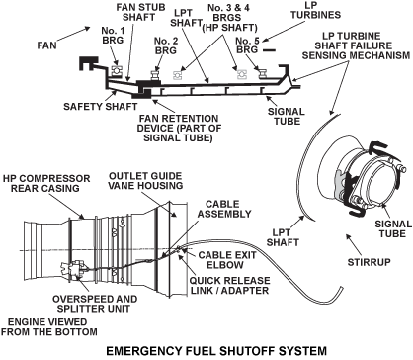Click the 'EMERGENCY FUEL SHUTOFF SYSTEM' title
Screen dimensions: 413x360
(x=216, y=351)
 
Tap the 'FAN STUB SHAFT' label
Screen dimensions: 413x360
(x=140, y=12)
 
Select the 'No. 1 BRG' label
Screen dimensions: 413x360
(x=113, y=36)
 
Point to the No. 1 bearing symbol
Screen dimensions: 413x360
(x=116, y=71)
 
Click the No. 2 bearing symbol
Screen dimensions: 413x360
(x=155, y=76)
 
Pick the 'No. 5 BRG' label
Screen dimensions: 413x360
(x=247, y=45)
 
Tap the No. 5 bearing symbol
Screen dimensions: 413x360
(x=262, y=73)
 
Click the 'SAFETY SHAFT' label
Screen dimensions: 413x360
(x=100, y=107)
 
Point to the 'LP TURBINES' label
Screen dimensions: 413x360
(x=315, y=10)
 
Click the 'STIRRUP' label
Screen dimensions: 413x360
(x=369, y=262)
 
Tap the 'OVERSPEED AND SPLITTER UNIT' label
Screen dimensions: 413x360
(x=95, y=304)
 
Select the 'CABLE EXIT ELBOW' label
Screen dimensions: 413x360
(x=227, y=260)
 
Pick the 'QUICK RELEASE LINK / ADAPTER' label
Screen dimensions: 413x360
(x=229, y=286)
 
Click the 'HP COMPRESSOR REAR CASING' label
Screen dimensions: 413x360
(x=46, y=183)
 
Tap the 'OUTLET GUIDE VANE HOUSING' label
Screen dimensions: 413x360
(x=145, y=181)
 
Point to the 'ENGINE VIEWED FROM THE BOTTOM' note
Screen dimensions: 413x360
(x=48, y=327)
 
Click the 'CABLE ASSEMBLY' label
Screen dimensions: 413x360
(x=224, y=209)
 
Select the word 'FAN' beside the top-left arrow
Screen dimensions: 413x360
(x=46, y=45)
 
